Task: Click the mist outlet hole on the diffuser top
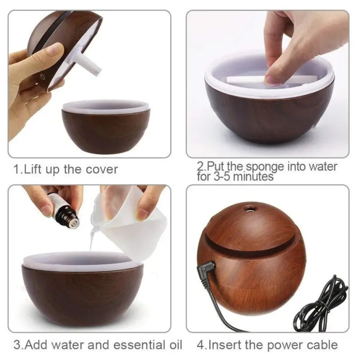pyautogui.click(x=248, y=208)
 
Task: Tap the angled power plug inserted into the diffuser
pyautogui.click(x=203, y=272)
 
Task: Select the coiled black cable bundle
pyautogui.click(x=322, y=306)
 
